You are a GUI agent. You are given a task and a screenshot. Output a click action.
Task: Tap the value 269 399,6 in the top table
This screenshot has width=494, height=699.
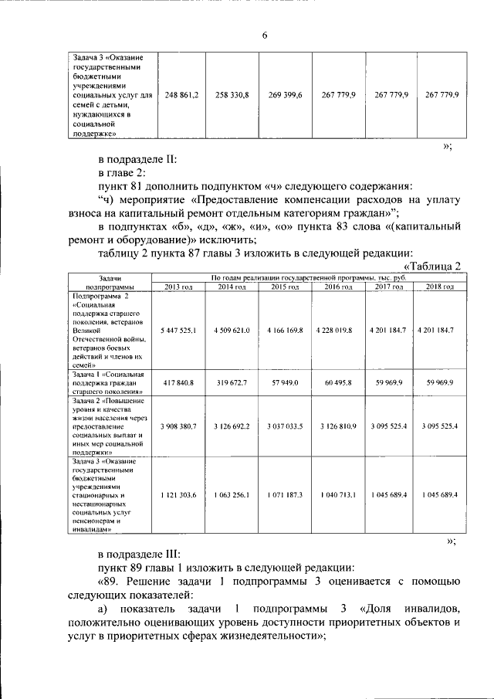pyautogui.click(x=285, y=94)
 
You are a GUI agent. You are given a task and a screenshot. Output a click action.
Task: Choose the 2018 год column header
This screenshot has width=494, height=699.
pyautogui.click(x=439, y=287)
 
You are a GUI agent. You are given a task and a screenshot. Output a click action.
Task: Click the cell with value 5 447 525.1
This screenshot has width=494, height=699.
pyautogui.click(x=178, y=330)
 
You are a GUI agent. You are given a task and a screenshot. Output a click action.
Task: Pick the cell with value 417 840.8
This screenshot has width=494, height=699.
pyautogui.click(x=178, y=382)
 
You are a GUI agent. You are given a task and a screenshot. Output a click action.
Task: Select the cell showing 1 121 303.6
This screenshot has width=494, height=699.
pyautogui.click(x=178, y=494)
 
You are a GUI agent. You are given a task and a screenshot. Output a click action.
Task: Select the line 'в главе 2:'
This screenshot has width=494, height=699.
pyautogui.click(x=122, y=172)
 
